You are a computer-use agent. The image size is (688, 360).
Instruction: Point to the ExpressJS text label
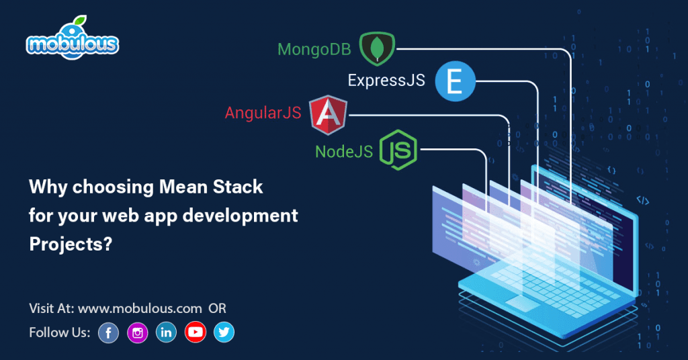coord(386,81)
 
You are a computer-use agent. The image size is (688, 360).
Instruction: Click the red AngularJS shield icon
coord(329,114)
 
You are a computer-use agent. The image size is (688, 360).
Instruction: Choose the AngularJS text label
coord(263,113)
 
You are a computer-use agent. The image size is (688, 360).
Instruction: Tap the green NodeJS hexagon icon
coord(398,150)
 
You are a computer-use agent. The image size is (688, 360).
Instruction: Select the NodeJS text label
coord(344,152)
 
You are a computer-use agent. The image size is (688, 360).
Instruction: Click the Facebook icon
coord(108,332)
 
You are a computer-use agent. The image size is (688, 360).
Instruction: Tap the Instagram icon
coord(137,332)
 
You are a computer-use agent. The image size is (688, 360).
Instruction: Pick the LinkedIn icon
coord(166,332)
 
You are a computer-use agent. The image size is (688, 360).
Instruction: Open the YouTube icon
coord(195,332)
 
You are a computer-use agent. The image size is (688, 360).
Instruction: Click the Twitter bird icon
coord(224,332)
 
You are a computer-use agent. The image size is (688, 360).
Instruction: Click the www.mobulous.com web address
coord(140,308)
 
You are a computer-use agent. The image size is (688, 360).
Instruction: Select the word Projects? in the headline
coord(70,244)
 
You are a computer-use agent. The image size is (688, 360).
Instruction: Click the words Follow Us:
coord(59,332)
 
